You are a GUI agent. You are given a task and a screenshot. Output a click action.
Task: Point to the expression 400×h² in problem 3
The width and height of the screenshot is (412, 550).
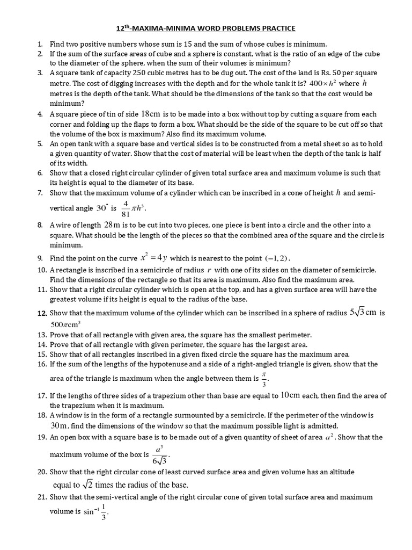tap(322, 83)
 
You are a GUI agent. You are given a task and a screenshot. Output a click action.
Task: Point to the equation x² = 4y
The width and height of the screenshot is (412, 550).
tap(153, 258)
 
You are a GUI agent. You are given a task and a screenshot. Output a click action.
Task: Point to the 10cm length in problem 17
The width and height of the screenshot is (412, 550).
tap(290, 396)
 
